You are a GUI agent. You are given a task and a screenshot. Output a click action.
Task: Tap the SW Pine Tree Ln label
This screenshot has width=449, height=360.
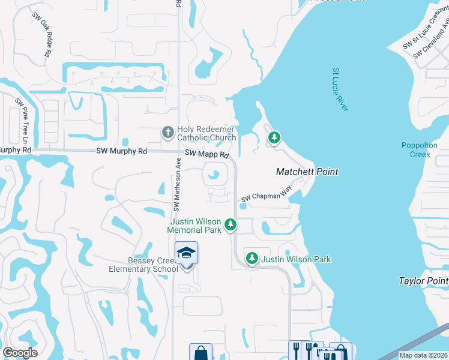[22, 120]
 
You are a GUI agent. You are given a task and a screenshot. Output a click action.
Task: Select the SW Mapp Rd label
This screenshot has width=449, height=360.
[206, 155]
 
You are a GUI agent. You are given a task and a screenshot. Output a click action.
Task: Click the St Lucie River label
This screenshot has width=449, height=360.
[340, 89]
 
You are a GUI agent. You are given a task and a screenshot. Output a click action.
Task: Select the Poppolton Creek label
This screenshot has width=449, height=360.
[416, 150]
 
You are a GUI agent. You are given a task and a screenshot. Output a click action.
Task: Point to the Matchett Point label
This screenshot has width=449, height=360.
[307, 172]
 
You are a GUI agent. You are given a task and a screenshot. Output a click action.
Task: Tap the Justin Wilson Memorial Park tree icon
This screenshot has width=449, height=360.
[230, 226]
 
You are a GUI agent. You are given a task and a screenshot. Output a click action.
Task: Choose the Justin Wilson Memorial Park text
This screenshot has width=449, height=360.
[194, 226]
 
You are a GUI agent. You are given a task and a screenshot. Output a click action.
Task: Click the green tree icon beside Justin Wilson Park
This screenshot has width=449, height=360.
[252, 259]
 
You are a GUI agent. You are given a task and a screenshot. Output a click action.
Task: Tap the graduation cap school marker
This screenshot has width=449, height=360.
[186, 253]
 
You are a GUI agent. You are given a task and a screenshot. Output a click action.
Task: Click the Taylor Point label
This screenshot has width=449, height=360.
[423, 281]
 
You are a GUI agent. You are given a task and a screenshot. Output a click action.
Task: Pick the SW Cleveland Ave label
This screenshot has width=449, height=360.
[432, 42]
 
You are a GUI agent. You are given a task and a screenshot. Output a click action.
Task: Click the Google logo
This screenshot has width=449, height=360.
[20, 353]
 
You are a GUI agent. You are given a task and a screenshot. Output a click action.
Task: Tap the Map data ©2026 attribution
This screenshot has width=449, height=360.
[423, 355]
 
